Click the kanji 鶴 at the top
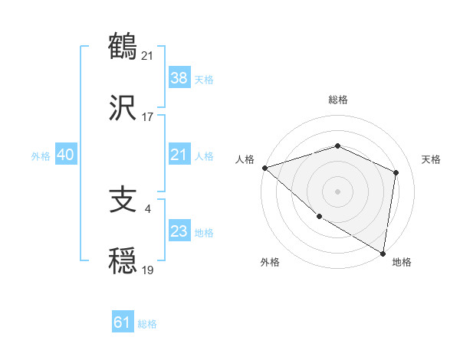(123, 45)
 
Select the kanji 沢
(123, 107)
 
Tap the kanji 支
(123, 201)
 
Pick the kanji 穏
(123, 262)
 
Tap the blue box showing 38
(179, 78)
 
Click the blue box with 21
(179, 155)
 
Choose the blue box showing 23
(179, 232)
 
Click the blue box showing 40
(66, 155)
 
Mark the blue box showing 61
(123, 323)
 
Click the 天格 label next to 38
(204, 80)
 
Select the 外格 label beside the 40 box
(41, 156)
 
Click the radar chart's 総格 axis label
(338, 100)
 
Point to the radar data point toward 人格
(264, 168)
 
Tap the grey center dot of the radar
(337, 191)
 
